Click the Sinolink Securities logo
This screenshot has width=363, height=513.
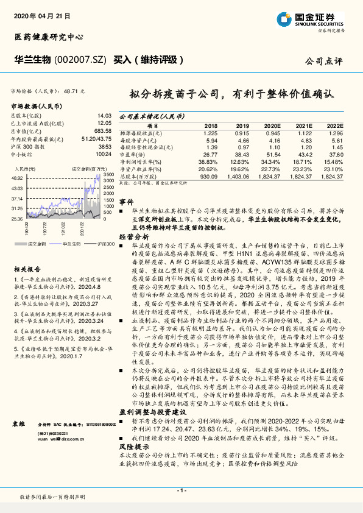318,19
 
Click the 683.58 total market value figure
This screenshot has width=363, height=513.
102,131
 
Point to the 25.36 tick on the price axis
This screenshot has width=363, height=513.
16,218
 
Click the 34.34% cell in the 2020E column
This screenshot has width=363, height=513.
271,161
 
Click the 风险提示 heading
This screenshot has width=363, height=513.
131,447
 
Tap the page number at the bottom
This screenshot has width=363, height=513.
181,490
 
